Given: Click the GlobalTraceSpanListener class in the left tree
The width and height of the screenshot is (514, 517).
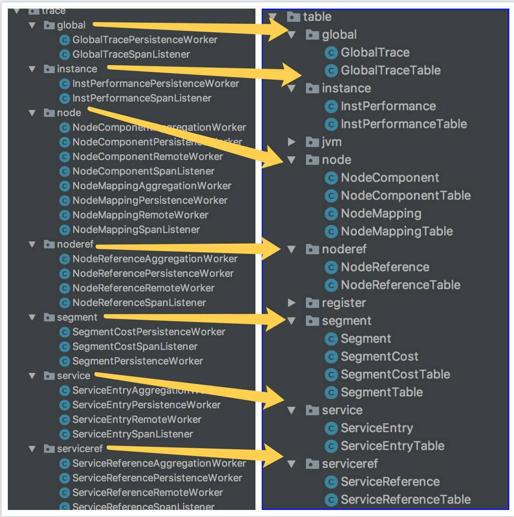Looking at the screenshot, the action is click(x=131, y=54).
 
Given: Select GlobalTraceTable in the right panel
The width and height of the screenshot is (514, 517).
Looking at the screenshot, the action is click(x=390, y=70).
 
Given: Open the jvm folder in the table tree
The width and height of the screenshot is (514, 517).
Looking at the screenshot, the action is click(x=331, y=142).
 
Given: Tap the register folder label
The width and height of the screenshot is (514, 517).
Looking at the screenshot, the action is click(x=343, y=303).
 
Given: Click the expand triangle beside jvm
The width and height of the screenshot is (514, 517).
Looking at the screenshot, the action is click(x=291, y=142).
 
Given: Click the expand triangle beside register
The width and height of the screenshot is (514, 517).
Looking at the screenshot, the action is click(x=291, y=303).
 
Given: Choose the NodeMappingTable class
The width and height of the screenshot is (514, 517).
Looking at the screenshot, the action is click(x=396, y=231).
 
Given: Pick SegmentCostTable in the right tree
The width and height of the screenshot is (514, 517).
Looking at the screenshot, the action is click(x=395, y=374).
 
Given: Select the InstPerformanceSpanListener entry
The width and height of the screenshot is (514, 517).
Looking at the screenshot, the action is click(x=142, y=98).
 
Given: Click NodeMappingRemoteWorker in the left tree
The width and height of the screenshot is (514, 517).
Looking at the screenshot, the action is click(x=140, y=215).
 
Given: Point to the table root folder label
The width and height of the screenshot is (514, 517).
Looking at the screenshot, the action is click(x=317, y=17).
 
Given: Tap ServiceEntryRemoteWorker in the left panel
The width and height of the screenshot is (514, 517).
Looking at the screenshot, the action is click(x=137, y=419).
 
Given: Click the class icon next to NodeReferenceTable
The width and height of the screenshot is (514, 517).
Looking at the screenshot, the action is click(x=331, y=285).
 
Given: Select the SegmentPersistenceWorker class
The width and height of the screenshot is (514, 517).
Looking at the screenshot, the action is click(x=137, y=361).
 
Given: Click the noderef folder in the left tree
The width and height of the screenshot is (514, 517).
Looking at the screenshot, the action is click(x=75, y=244).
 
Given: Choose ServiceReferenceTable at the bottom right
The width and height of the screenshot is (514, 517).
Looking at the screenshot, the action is click(x=405, y=499).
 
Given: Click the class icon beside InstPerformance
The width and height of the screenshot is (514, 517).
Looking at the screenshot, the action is click(x=331, y=106).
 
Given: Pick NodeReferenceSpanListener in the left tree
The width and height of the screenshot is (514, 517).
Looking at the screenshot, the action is click(x=139, y=302).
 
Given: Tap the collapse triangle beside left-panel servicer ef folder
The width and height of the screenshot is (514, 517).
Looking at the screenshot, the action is click(x=32, y=449).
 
